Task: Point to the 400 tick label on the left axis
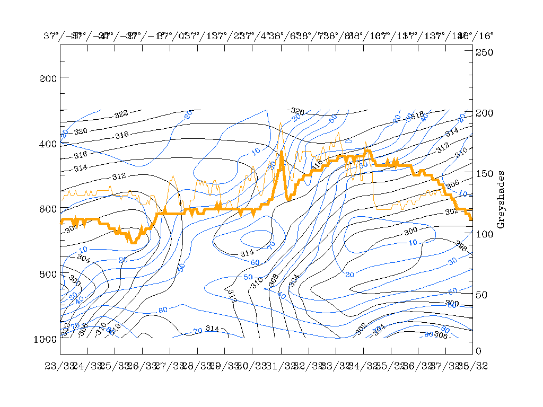point(48,144)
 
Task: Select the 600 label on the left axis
point(48,209)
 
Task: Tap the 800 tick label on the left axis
point(48,275)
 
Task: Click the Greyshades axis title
point(501,200)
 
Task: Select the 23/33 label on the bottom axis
point(60,366)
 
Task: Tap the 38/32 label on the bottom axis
point(472,366)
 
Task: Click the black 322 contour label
point(121,114)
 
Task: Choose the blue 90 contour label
point(428,334)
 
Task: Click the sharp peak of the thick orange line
point(282,152)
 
